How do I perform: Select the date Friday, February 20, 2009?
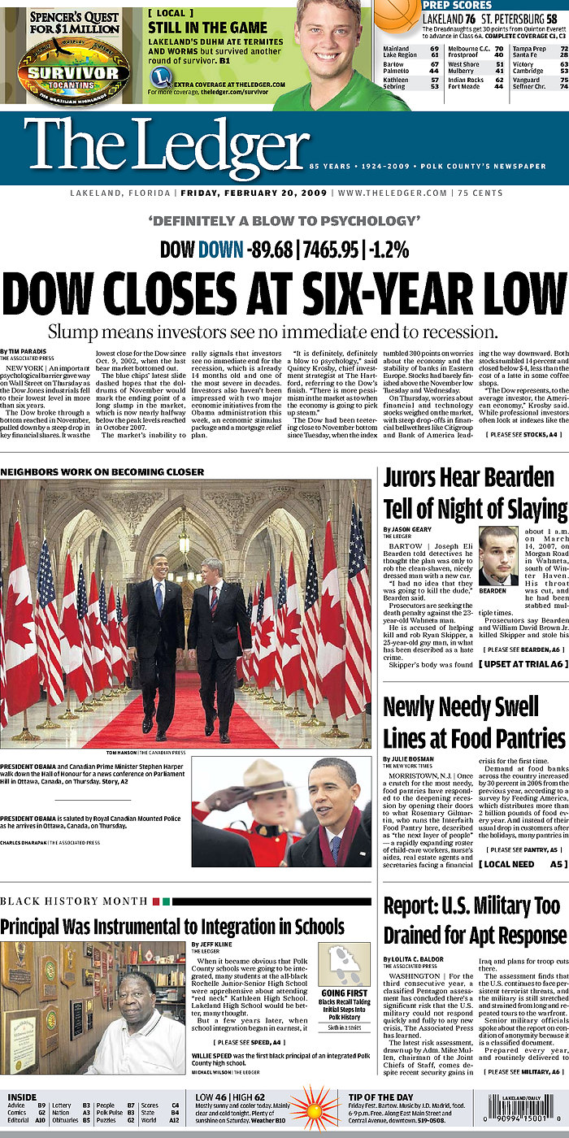coord(254,193)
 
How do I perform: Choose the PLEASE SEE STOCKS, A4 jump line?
coord(522,435)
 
